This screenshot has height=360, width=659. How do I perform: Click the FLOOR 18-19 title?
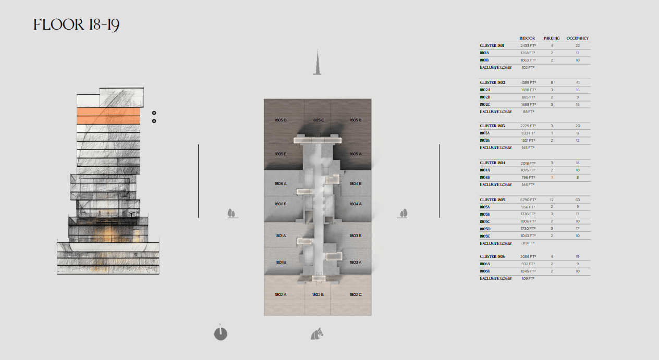tap(76, 24)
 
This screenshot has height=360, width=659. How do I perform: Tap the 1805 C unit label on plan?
tap(318, 120)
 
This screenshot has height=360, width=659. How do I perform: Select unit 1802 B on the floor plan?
tap(318, 295)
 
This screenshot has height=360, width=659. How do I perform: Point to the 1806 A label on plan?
tap(280, 184)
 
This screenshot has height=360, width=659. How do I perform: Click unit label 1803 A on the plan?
tap(356, 263)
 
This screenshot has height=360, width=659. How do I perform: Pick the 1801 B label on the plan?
tap(280, 263)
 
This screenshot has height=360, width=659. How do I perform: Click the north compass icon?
tap(221, 333)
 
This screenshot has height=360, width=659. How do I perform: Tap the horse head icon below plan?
tap(317, 334)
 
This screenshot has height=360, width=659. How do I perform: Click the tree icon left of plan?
tap(232, 214)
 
